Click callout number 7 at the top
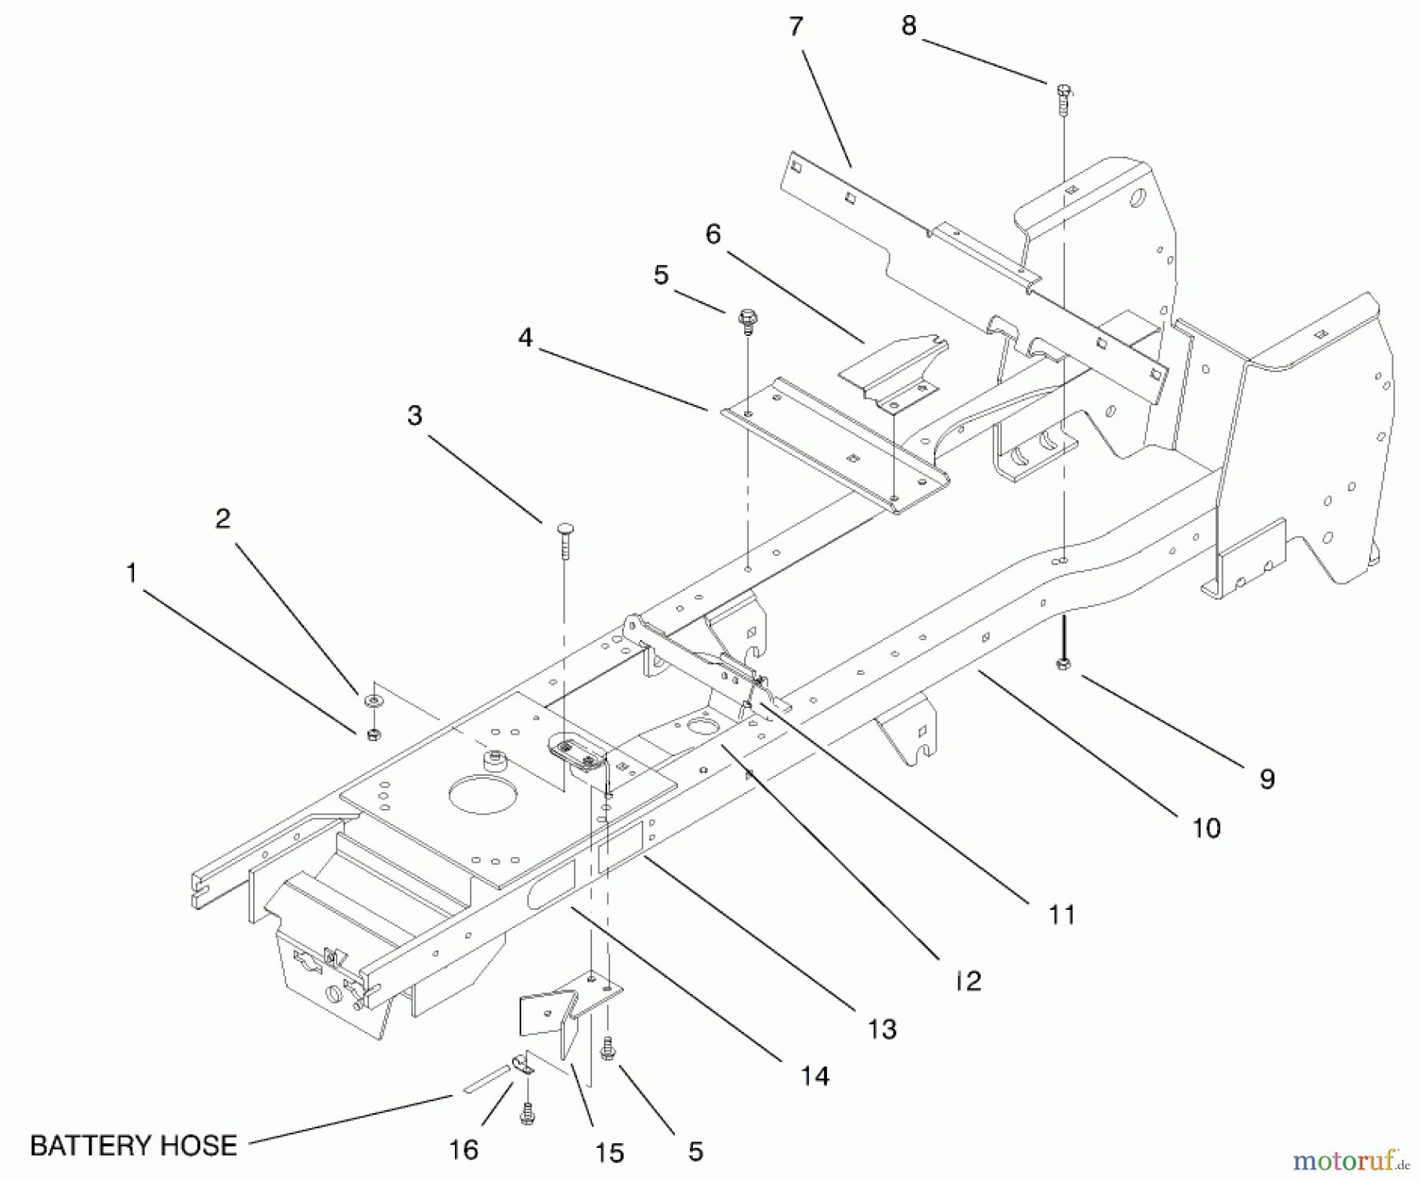coord(795,27)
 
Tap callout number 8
coord(908,26)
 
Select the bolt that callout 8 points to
coord(1062,98)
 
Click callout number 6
coord(713,234)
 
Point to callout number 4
coord(525,337)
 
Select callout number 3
coord(415,415)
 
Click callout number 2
coord(223,518)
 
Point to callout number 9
coord(1266,779)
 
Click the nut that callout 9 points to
coord(1062,665)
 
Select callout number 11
coord(1062,915)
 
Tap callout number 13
coord(882,1029)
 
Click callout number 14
coord(815,1075)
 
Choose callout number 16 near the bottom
coord(464,1149)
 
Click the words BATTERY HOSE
coord(133,1145)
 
